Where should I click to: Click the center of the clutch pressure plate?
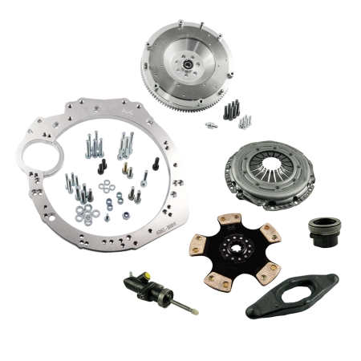pos(269,163)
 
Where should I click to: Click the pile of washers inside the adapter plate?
pos(85,211)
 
